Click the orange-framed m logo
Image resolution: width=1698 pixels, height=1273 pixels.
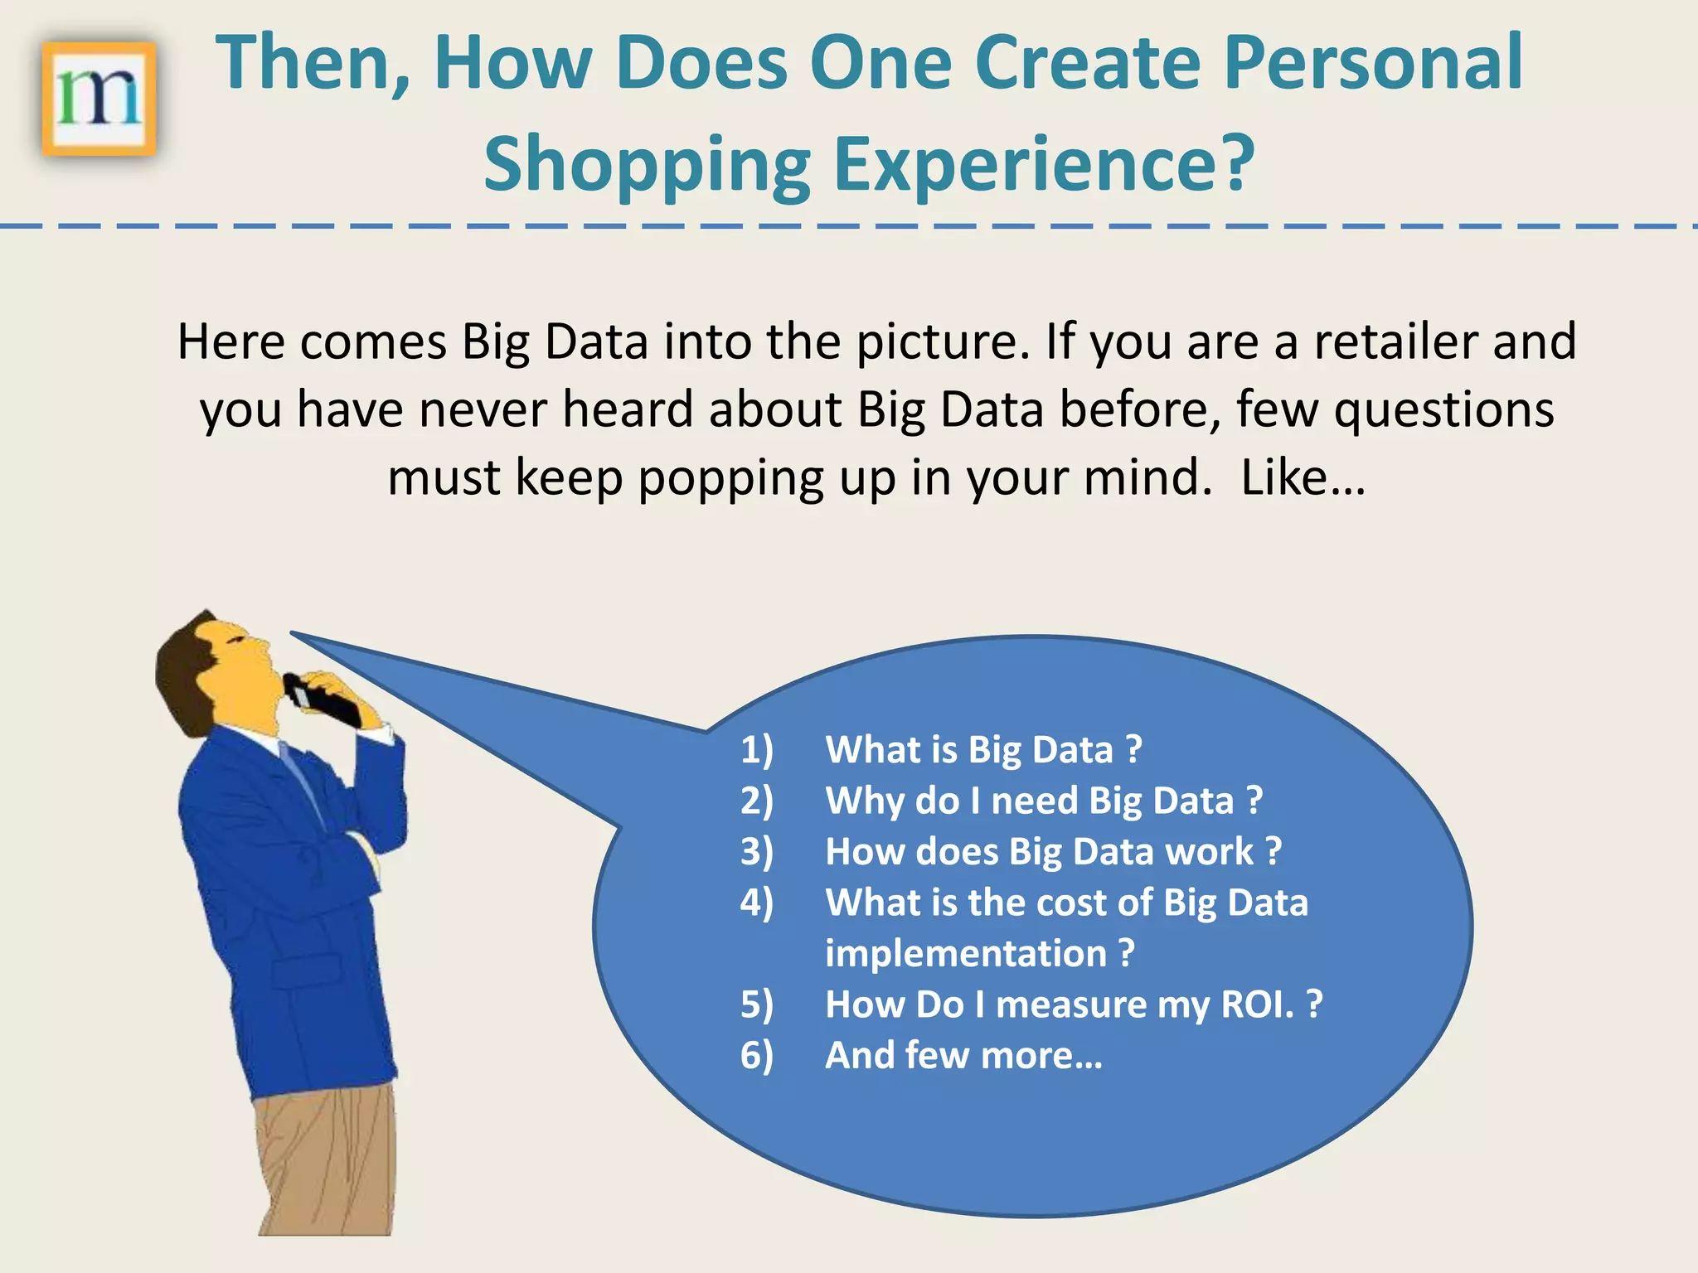pos(99,99)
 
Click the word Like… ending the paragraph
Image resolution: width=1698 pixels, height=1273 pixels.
pos(1302,479)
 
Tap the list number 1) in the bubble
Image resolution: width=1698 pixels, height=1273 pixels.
pos(756,750)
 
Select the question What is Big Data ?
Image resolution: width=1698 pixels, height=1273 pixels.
pos(983,750)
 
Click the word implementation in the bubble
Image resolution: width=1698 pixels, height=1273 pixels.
pos(966,954)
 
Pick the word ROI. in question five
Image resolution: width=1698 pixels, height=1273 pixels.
pos(1257,1005)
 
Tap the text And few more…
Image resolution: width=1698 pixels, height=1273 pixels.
pos(963,1056)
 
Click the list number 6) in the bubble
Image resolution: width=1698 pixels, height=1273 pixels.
pos(756,1056)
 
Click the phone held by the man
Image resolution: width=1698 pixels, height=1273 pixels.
pos(325,700)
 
